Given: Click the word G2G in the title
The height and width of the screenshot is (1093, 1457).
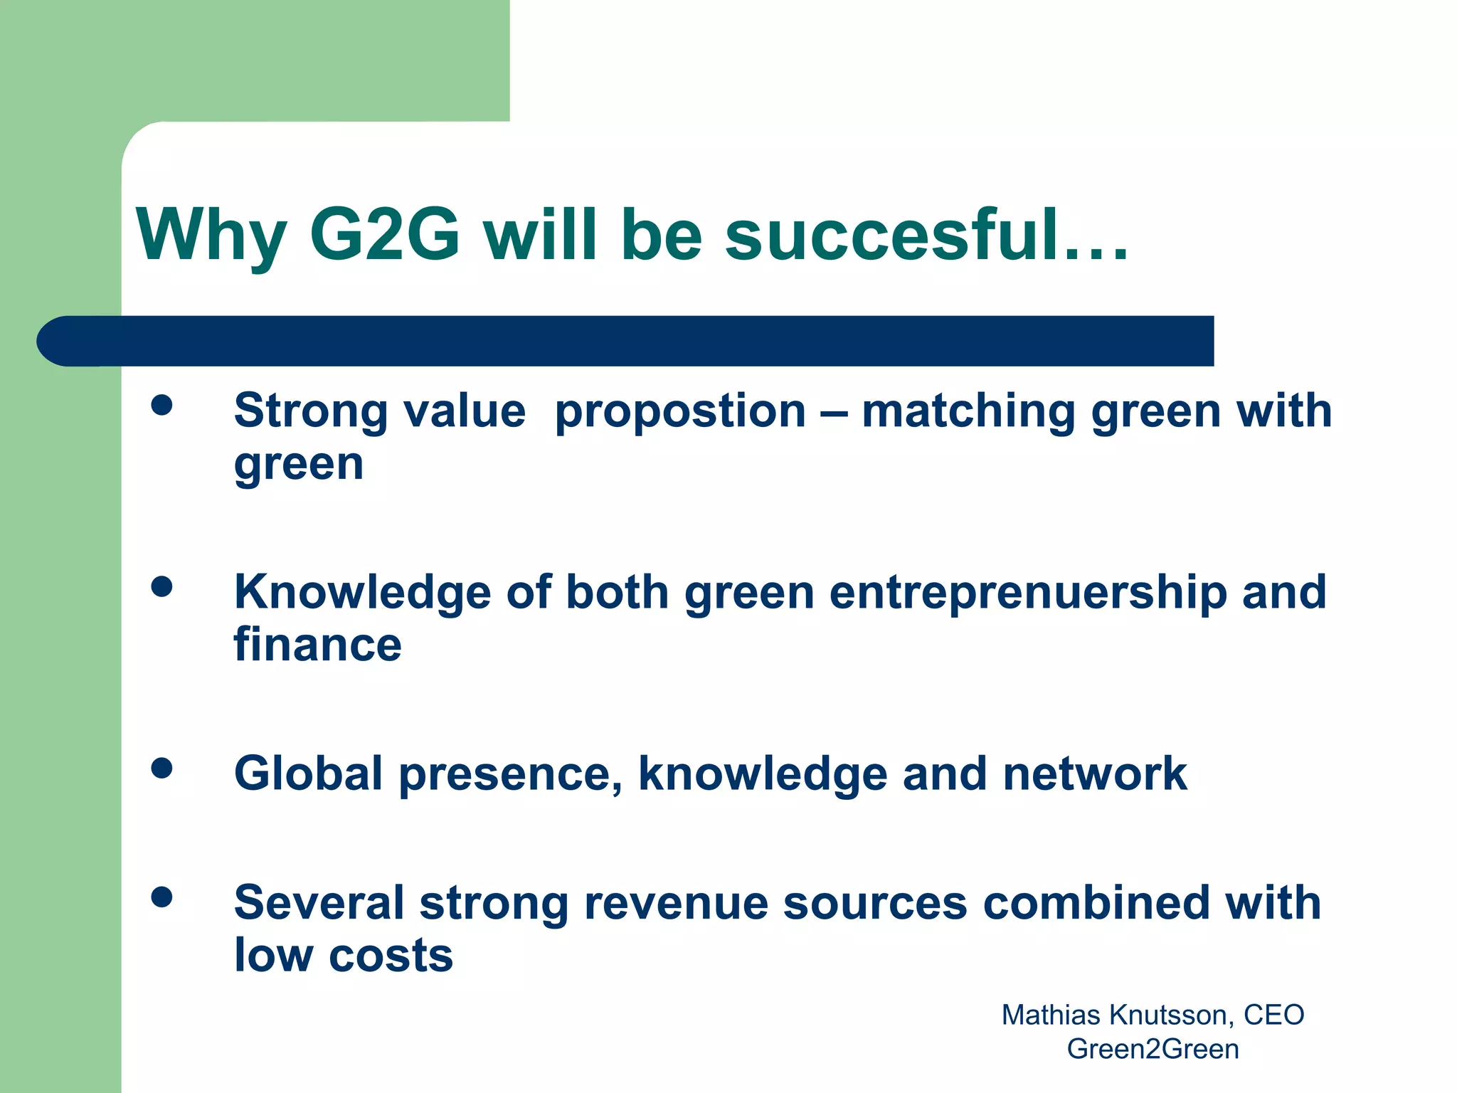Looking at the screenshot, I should [x=385, y=235].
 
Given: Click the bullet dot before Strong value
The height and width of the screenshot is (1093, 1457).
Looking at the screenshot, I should [x=162, y=405].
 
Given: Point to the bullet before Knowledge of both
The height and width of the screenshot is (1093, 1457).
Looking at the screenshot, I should [x=162, y=586].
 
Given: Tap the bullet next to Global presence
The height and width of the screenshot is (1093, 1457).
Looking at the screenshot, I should [x=162, y=768].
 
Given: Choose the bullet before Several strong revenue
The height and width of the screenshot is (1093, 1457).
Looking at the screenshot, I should [x=162, y=897].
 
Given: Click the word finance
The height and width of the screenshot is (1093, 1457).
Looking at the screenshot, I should [x=317, y=645].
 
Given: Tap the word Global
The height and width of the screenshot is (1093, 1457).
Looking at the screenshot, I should [x=309, y=773].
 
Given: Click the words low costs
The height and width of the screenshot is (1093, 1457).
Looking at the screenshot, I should [x=344, y=955].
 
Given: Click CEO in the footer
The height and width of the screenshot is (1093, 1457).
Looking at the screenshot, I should [x=1273, y=1015].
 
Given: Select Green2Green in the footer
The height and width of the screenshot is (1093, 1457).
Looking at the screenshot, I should [x=1153, y=1050].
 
